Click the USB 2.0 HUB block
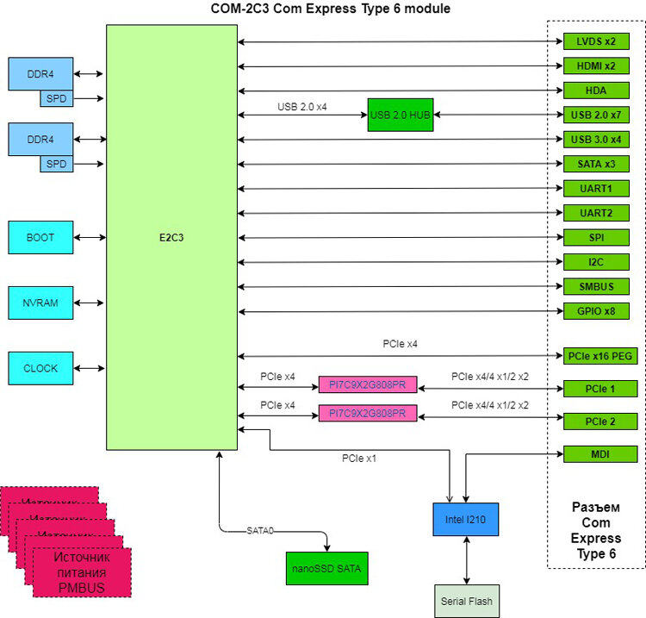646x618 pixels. [x=400, y=115]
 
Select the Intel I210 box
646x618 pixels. [x=465, y=519]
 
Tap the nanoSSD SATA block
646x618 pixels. [x=324, y=568]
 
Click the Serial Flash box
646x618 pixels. [x=466, y=601]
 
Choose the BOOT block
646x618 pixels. [x=40, y=237]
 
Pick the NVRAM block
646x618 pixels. [x=40, y=303]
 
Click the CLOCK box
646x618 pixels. [x=40, y=368]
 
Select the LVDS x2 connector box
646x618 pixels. [x=595, y=41]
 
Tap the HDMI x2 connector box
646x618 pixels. [x=595, y=66]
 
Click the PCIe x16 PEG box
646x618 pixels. [x=600, y=355]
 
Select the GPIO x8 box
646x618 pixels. [x=595, y=310]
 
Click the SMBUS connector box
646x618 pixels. [x=595, y=286]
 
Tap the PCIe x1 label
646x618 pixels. [x=359, y=459]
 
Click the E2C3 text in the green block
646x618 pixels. [x=171, y=238]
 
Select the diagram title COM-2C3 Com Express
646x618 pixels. [x=331, y=9]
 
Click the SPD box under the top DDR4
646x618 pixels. [x=56, y=99]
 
